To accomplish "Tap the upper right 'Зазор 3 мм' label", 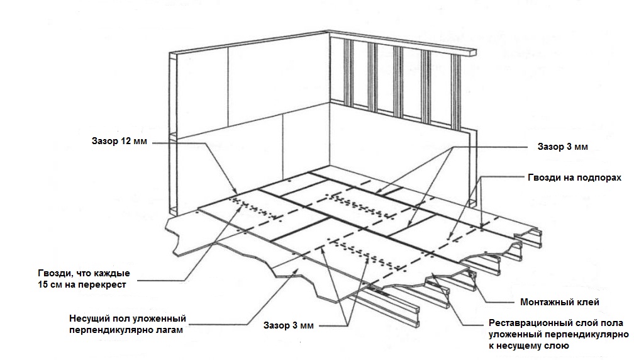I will coord(563,146).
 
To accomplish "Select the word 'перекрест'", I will coord(106,284).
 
